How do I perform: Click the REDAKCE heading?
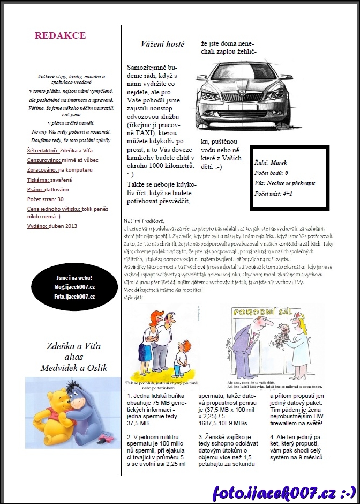click(60, 35)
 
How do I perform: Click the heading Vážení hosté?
click(162, 44)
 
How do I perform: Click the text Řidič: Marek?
click(271, 162)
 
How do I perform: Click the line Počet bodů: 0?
click(272, 173)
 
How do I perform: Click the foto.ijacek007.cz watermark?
click(284, 492)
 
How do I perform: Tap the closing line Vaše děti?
click(133, 298)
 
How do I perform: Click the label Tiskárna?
click(37, 180)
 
